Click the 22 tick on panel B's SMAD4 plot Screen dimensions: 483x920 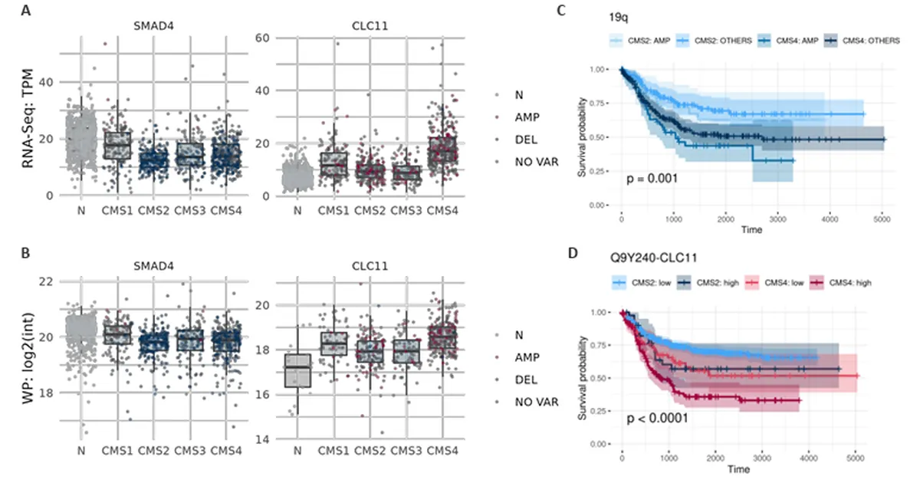51,281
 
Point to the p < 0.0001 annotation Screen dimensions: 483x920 657,419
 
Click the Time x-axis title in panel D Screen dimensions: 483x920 738,469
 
